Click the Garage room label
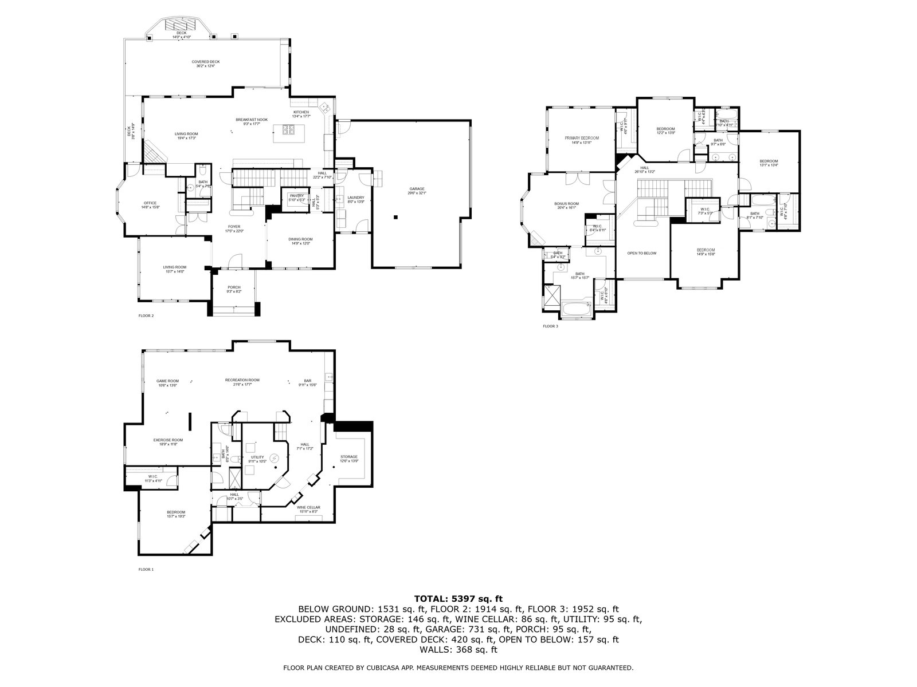click(x=417, y=189)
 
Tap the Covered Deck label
click(x=205, y=62)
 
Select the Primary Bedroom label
click(x=581, y=139)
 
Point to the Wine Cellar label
click(x=308, y=508)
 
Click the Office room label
click(x=150, y=203)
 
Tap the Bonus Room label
click(x=566, y=204)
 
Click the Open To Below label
click(x=641, y=253)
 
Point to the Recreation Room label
click(x=242, y=380)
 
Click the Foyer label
click(x=234, y=227)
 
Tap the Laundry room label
click(x=356, y=198)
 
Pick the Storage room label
click(x=348, y=457)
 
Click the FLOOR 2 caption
click(x=146, y=315)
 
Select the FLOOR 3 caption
click(x=550, y=326)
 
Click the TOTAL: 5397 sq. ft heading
click(x=458, y=598)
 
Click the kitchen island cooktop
click(x=286, y=131)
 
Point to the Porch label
click(x=234, y=287)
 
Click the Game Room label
click(x=167, y=381)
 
